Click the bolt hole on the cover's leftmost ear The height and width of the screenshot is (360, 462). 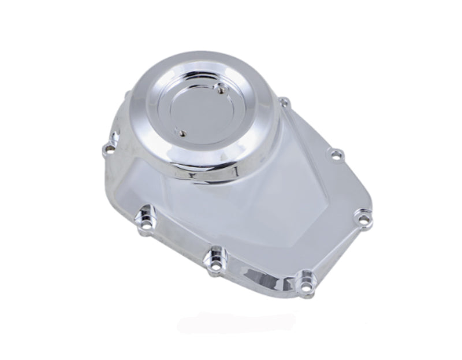pyautogui.click(x=106, y=150)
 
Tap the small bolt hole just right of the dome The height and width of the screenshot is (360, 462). pyautogui.click(x=283, y=103)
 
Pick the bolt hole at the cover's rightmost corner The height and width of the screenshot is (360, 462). pyautogui.click(x=362, y=218)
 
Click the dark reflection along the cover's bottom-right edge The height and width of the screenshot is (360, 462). pyautogui.click(x=271, y=272)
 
